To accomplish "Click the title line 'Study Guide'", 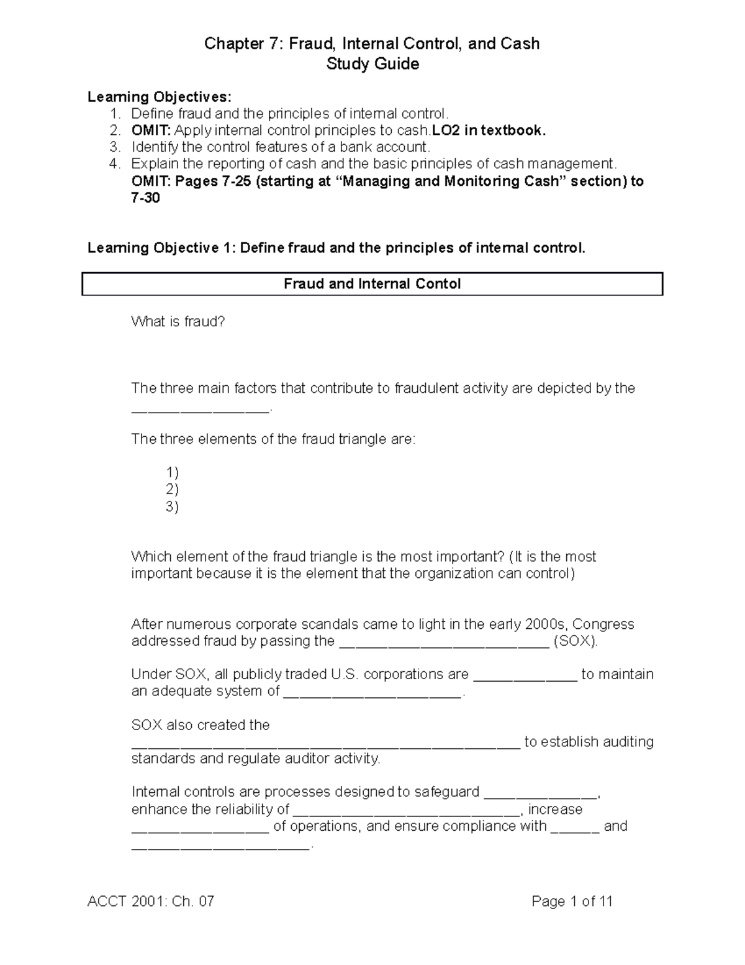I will [x=372, y=64].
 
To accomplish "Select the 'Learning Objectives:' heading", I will [x=159, y=97].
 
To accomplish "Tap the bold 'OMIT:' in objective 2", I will [x=151, y=130].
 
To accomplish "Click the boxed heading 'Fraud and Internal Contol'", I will [x=372, y=284].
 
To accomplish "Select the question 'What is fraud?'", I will [x=178, y=322].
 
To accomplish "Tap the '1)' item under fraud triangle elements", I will [x=172, y=473].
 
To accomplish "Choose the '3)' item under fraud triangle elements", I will [x=172, y=506].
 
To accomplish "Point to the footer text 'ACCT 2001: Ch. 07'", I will [x=151, y=902].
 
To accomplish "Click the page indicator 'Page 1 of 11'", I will [x=572, y=902].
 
